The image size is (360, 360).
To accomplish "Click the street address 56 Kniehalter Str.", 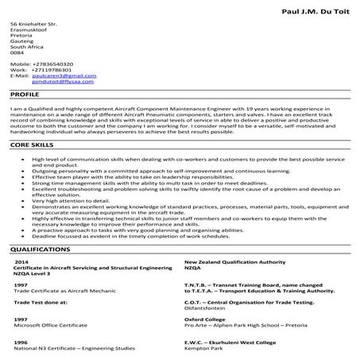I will point(34,24).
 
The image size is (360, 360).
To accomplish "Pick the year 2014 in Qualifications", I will point(21,261).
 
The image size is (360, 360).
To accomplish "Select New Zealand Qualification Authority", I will point(230,261).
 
